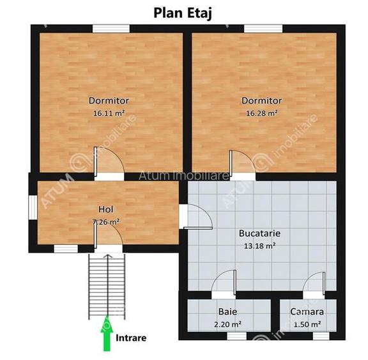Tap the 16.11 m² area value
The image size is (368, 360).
109,113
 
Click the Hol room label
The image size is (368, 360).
105,209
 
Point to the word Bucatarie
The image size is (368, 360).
259,233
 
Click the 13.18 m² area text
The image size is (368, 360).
259,245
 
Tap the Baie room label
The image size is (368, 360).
227,312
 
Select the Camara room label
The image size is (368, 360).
307,312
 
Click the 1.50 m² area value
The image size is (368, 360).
307,324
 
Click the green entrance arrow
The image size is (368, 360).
105,336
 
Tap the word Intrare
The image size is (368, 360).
132,337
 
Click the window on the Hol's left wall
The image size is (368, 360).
32,211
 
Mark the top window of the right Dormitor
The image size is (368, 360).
263,28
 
